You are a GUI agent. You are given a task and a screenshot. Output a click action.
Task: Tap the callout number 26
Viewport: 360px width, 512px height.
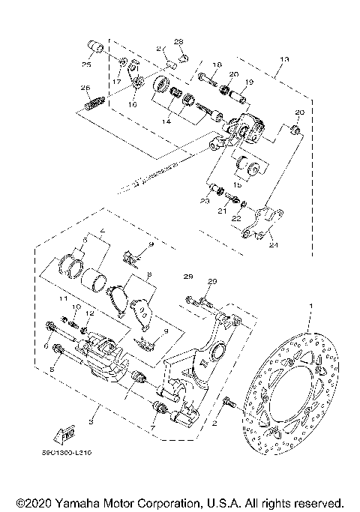pos(85,88)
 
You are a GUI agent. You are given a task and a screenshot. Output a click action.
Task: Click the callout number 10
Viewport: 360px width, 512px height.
pos(75,307)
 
